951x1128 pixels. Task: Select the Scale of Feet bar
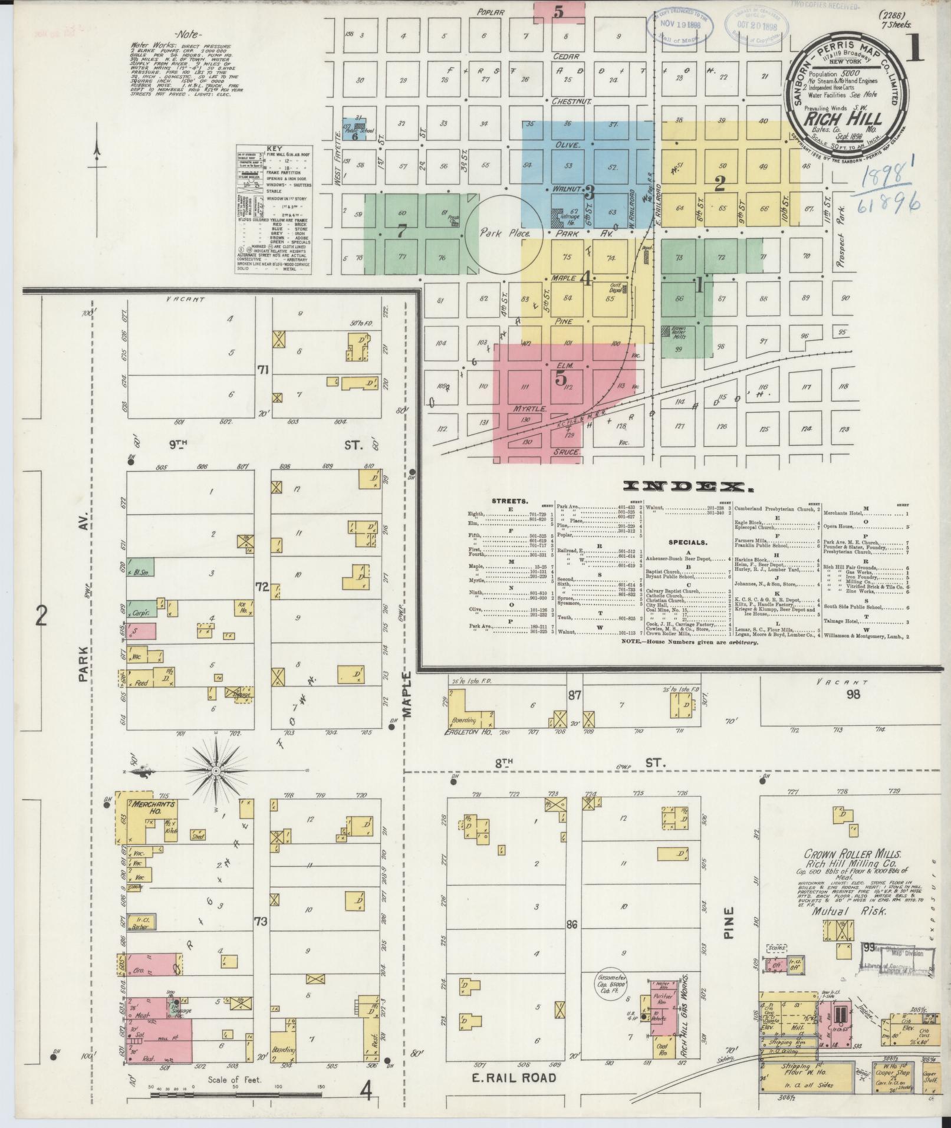235,1094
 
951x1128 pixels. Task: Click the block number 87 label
574,696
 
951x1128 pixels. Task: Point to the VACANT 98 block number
853,694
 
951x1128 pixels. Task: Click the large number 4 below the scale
366,1094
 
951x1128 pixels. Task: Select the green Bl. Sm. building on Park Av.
140,571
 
